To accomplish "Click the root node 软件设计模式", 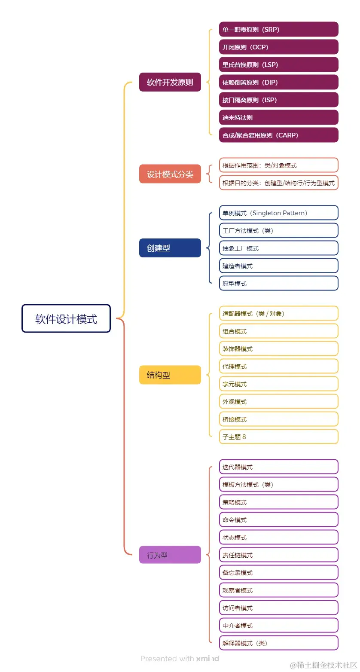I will click(x=66, y=318).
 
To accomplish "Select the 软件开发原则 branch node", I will click(x=170, y=82).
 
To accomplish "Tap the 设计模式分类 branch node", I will click(x=170, y=174).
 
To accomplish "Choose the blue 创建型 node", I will click(x=170, y=248).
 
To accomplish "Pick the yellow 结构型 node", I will click(x=170, y=375).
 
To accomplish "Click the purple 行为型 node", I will click(x=170, y=555).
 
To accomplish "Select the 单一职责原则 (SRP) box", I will click(x=278, y=30).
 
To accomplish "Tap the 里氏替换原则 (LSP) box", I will click(x=278, y=65).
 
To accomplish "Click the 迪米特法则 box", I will click(x=278, y=117).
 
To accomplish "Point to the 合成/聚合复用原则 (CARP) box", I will click(x=278, y=135).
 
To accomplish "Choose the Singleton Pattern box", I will click(x=278, y=213).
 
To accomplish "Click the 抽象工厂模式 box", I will click(x=278, y=248).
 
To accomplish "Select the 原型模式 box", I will click(x=278, y=284).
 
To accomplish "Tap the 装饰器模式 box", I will click(x=278, y=348).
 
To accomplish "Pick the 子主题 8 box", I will click(x=278, y=437).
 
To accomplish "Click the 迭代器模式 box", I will click(x=278, y=467).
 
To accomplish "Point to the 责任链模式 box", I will click(x=278, y=555).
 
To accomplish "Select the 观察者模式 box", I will click(x=278, y=590).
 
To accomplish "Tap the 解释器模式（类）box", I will click(x=278, y=643).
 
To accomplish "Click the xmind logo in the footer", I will click(x=207, y=658).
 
